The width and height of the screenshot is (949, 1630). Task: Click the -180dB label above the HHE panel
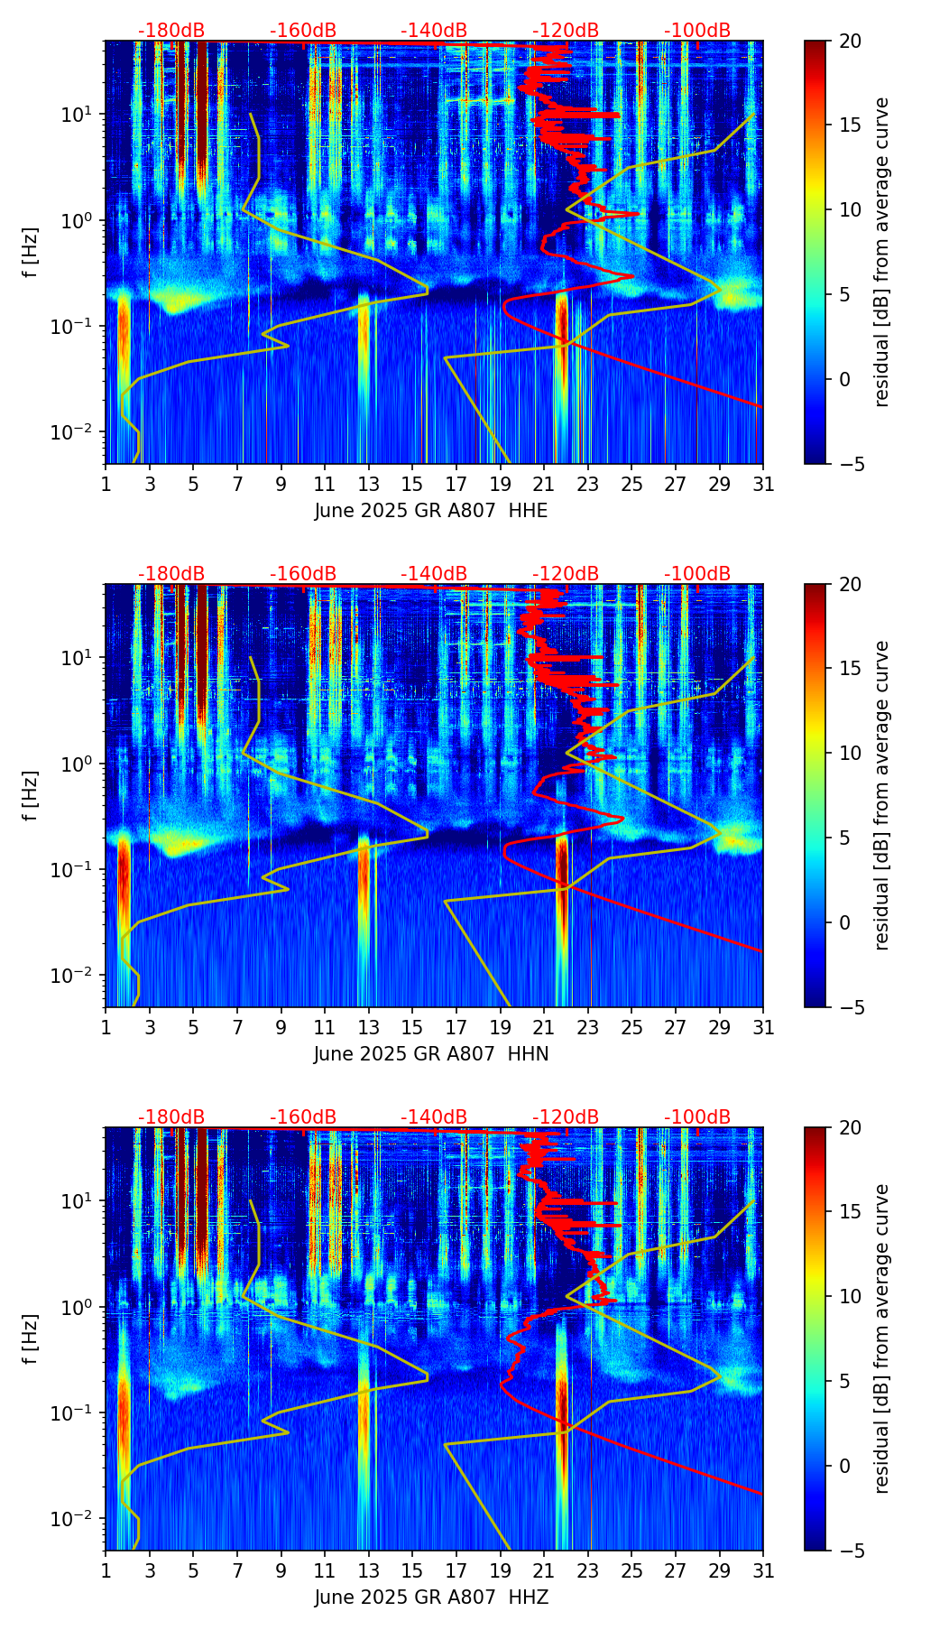click(x=171, y=31)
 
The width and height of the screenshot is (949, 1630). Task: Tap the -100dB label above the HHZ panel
click(x=697, y=1117)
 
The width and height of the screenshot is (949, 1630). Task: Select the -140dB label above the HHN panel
click(x=434, y=574)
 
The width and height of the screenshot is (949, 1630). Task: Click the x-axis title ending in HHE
click(x=431, y=511)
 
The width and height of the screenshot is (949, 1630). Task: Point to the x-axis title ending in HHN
click(x=431, y=1054)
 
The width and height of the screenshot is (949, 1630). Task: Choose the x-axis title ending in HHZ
click(x=431, y=1598)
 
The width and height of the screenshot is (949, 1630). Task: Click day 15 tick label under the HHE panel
click(x=412, y=485)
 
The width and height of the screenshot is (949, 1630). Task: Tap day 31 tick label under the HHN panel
click(x=763, y=1028)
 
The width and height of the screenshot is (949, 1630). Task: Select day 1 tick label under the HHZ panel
click(x=106, y=1571)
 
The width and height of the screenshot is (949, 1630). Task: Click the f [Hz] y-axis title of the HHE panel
click(x=31, y=253)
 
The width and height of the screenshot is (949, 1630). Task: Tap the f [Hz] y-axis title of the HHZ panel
click(x=31, y=1339)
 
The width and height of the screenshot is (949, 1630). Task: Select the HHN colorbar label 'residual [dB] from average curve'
click(x=882, y=795)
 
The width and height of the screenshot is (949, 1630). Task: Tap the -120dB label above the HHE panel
click(x=566, y=31)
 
